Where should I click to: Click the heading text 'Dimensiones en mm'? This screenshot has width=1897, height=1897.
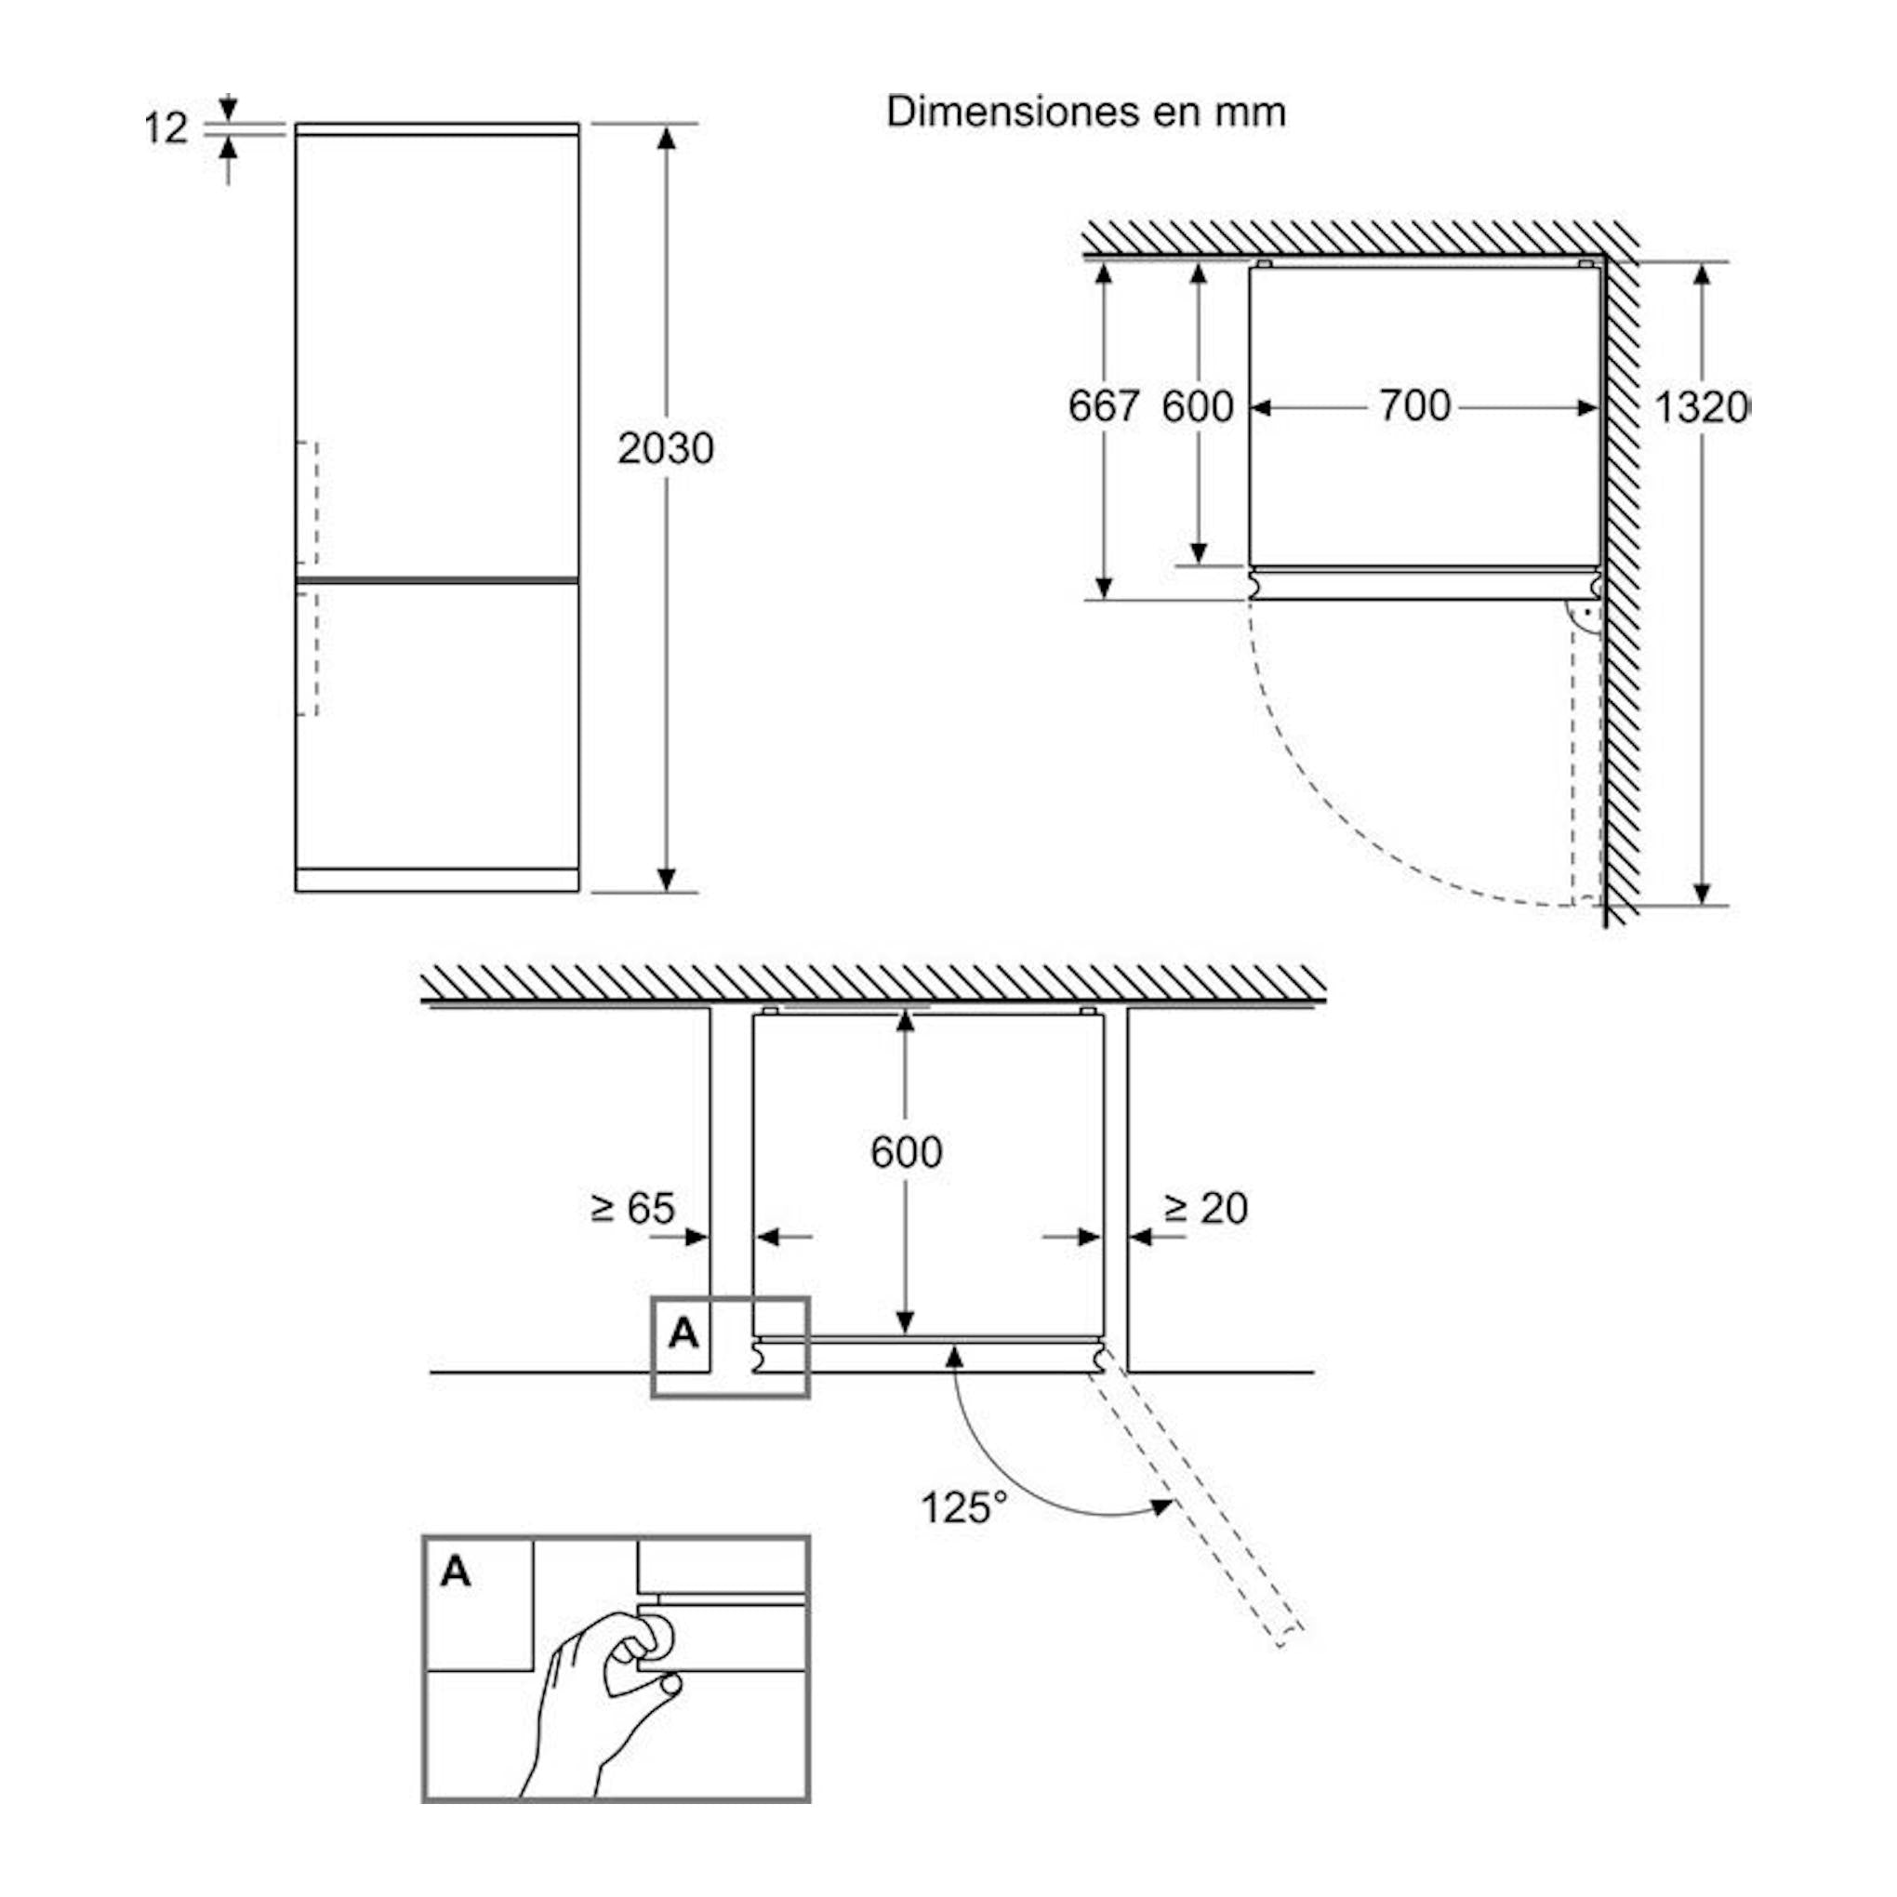pos(1086,112)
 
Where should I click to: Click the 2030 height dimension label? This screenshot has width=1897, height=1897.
pos(666,449)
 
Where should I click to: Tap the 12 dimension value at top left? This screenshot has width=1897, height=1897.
pos(165,128)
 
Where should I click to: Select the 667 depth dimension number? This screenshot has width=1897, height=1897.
pos(1104,405)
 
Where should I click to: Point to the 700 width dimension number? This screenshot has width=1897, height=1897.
pos(1415,405)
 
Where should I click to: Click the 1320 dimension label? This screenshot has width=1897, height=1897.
pos(1702,406)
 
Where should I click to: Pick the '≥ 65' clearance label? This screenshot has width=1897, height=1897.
pos(633,1208)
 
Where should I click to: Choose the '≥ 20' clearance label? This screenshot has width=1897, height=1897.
pos(1206,1208)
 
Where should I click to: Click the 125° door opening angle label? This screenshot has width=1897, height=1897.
pos(963,1506)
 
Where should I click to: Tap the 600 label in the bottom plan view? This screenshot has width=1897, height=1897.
pos(907,1151)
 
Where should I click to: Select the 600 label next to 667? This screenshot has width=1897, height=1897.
pos(1198,405)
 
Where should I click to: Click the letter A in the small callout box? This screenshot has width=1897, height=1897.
pos(683,1333)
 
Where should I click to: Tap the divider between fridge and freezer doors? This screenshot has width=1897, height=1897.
pos(437,580)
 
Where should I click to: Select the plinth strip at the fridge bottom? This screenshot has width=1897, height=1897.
pos(437,880)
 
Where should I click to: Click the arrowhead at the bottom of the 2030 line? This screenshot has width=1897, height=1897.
pos(667,880)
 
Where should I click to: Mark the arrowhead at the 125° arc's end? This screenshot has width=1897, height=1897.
pos(1161,1507)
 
